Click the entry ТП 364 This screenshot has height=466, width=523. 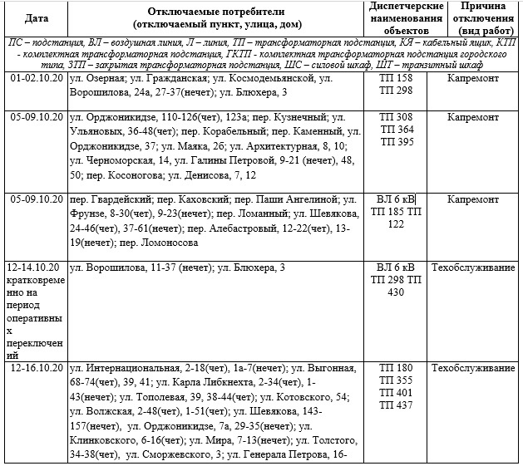(x=395, y=130)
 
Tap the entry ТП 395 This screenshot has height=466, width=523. (x=395, y=143)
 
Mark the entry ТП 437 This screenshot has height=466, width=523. (x=395, y=405)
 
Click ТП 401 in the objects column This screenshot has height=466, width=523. (x=395, y=393)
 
